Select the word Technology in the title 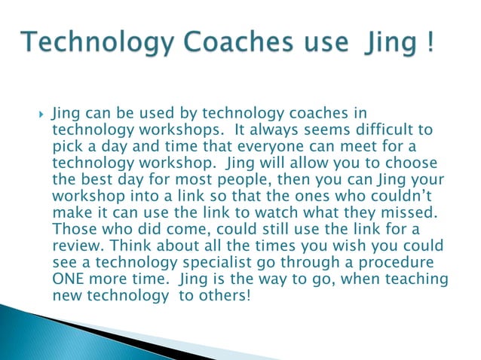tap(85, 42)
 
